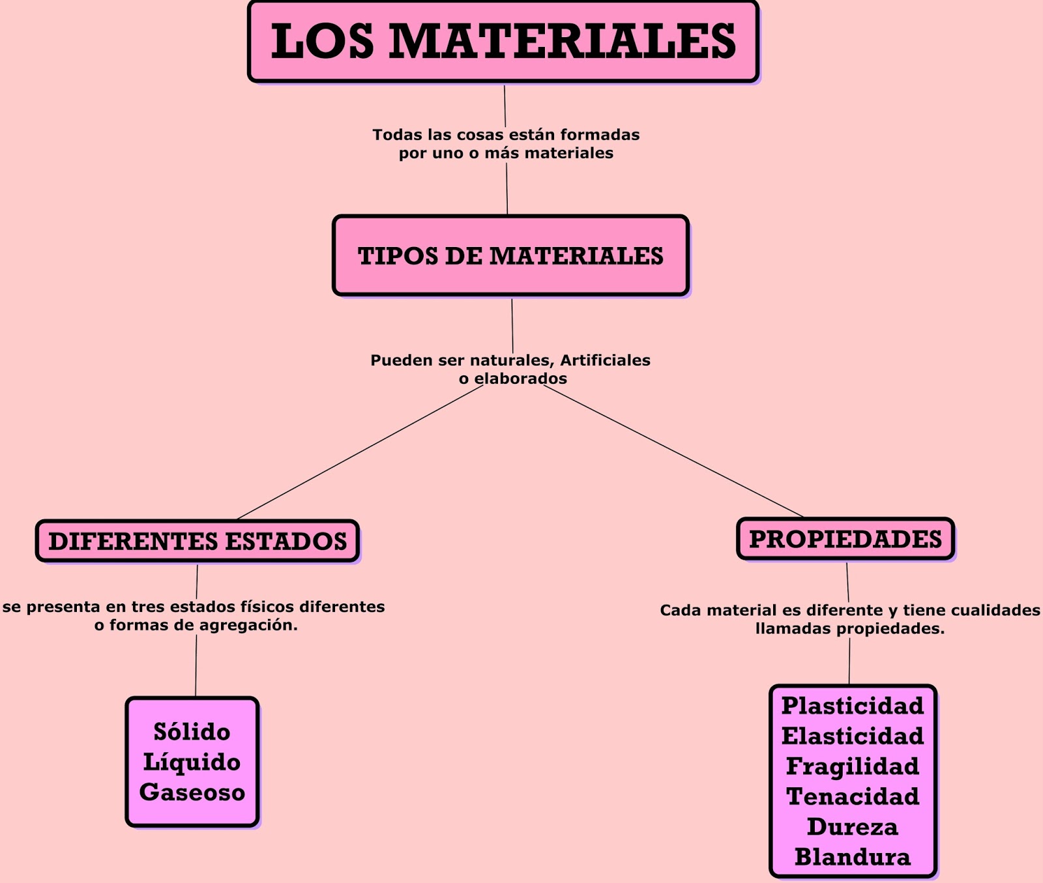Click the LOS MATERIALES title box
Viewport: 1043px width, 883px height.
(x=503, y=41)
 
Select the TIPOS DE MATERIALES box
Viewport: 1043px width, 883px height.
(x=510, y=255)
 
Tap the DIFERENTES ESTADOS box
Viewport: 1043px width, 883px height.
(x=198, y=541)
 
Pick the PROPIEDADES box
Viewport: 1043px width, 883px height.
(x=845, y=539)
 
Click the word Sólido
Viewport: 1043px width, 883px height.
(x=192, y=732)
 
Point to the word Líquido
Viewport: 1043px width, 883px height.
(x=192, y=762)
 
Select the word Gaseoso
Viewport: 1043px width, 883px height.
(x=192, y=792)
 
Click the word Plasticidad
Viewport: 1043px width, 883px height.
(x=853, y=706)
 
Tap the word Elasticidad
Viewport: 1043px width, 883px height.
(x=853, y=736)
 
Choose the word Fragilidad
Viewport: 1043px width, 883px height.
(x=853, y=766)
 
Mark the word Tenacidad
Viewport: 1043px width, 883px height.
(x=853, y=796)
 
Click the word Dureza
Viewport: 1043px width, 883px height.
(x=853, y=827)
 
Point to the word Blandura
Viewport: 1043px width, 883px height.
(x=853, y=857)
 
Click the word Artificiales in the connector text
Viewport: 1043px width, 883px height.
(x=605, y=360)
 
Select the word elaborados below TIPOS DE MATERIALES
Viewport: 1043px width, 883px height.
(x=520, y=379)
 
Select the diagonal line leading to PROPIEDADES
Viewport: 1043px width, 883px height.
(x=671, y=451)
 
